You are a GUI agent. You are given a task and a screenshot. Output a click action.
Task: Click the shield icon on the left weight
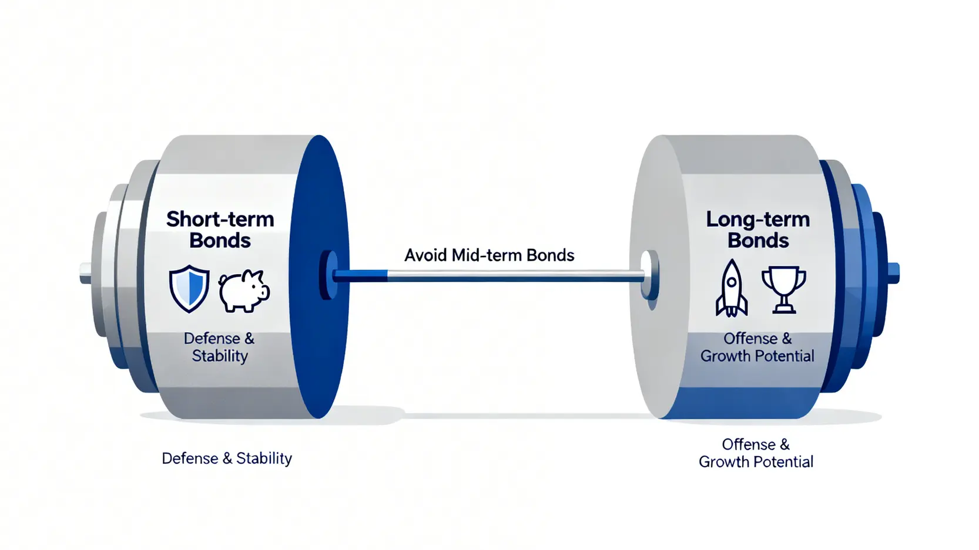189,288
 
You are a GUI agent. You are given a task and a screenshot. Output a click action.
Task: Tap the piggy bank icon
244,290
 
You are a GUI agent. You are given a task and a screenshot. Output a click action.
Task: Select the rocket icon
732,288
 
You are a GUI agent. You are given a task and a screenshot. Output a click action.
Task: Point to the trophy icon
783,289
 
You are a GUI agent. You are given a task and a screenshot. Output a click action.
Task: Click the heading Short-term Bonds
220,230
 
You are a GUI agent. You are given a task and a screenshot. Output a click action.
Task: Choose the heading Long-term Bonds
758,230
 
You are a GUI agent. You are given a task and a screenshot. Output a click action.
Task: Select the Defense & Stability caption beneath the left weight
227,458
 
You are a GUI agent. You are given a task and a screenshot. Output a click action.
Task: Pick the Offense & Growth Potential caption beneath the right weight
756,453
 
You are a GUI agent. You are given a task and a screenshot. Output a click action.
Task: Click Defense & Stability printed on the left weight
219,347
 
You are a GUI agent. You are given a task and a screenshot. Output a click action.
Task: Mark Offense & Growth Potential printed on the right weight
757,347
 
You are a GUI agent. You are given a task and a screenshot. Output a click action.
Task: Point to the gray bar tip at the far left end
85,274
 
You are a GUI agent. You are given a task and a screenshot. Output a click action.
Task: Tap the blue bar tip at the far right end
893,274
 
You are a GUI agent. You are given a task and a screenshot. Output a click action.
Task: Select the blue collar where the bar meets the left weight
330,275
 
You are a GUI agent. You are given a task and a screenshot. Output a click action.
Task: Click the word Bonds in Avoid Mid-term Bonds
550,255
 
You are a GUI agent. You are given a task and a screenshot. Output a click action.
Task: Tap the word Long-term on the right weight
758,220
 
